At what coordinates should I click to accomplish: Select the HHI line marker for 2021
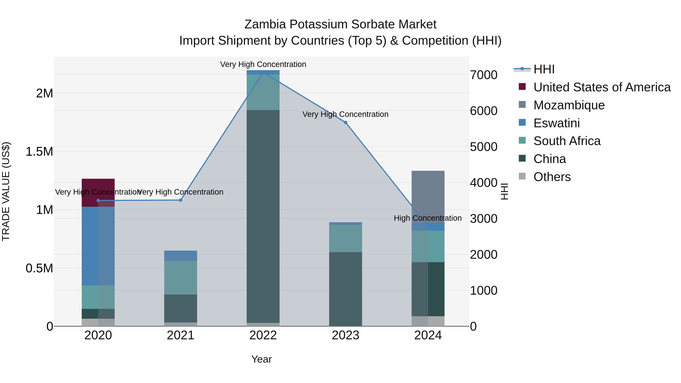[x=181, y=200]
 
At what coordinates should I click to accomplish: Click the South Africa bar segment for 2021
[x=181, y=277]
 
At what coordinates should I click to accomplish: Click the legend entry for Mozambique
[x=569, y=105]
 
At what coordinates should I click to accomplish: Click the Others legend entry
[x=552, y=177]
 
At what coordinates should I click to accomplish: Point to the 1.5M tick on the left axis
[x=39, y=152]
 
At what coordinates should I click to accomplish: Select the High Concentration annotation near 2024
[x=428, y=218]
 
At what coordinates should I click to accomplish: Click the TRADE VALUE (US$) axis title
[x=6, y=191]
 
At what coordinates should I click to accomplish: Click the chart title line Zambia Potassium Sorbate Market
[x=340, y=24]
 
